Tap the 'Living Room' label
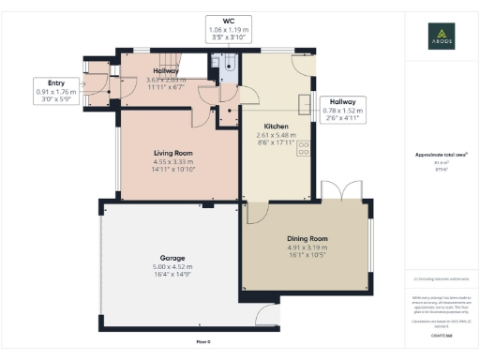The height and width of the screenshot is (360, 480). pyautogui.click(x=172, y=152)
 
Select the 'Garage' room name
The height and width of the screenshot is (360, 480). pyautogui.click(x=172, y=257)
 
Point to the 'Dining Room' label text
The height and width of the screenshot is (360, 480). pyautogui.click(x=306, y=238)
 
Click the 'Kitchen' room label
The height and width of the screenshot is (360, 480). pyautogui.click(x=275, y=126)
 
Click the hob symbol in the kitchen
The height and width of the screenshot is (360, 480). pyautogui.click(x=304, y=147)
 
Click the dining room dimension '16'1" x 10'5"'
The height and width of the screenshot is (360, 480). pyautogui.click(x=306, y=255)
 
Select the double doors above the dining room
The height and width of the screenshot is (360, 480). pyautogui.click(x=336, y=190)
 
